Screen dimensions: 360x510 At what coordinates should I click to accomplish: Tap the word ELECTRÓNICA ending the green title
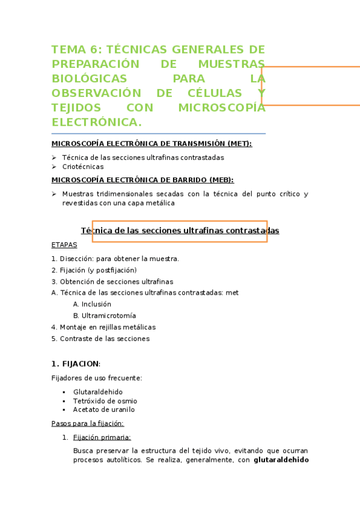[97, 122]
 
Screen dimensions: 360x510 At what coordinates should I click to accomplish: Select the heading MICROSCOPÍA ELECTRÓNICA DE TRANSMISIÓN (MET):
[151, 144]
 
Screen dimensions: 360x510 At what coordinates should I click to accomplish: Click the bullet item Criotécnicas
[82, 167]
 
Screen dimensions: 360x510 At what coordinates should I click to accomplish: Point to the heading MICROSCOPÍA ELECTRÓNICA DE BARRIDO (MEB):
[142, 180]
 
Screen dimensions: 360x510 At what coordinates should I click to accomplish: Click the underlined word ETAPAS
[64, 245]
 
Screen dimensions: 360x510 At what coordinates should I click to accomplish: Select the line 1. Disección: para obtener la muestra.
[115, 259]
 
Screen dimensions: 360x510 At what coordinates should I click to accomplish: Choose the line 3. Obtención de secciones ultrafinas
[112, 281]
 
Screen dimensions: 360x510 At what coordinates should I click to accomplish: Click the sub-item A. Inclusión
[92, 304]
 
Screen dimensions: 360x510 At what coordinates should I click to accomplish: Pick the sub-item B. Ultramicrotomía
[105, 316]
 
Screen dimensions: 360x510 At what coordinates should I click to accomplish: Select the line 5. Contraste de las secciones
[100, 339]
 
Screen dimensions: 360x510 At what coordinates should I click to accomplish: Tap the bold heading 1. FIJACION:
[76, 364]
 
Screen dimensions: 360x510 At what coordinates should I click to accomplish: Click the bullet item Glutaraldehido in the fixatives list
[98, 392]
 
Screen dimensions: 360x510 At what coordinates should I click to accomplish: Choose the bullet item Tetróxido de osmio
[105, 401]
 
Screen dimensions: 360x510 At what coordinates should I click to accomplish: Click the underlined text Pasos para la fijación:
[88, 423]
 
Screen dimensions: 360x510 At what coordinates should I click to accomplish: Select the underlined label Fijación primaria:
[102, 437]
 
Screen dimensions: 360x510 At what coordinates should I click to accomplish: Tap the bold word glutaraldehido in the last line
[281, 460]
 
